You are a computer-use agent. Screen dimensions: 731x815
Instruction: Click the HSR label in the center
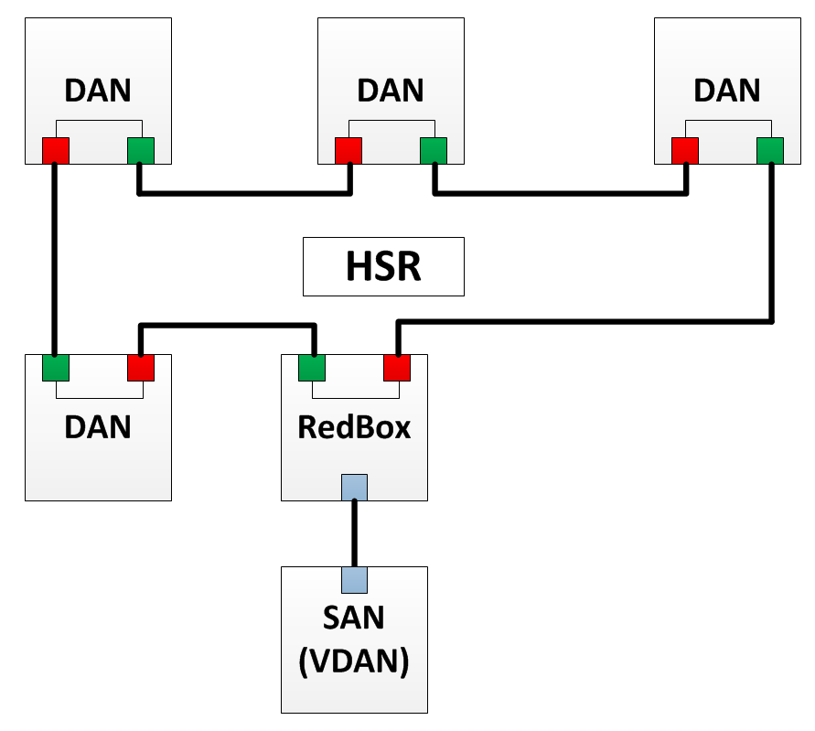(x=383, y=266)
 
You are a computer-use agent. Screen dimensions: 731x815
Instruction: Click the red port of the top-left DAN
(x=56, y=150)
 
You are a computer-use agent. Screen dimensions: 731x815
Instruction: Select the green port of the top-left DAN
(x=141, y=150)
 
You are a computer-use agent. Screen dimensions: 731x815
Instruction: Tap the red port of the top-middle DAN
(x=349, y=150)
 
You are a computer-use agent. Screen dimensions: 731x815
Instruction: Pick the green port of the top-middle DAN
(x=434, y=150)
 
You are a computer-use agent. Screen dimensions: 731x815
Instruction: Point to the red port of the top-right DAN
(x=685, y=150)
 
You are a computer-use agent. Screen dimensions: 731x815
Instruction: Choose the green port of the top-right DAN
(x=770, y=150)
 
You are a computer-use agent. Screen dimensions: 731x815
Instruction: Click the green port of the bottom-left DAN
(x=56, y=368)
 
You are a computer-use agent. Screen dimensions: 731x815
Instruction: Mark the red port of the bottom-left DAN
(x=141, y=368)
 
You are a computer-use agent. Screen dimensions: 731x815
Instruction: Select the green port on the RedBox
(x=312, y=368)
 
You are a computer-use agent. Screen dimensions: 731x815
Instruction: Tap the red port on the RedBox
(x=397, y=368)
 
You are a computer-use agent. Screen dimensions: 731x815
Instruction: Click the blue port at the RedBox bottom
(x=354, y=487)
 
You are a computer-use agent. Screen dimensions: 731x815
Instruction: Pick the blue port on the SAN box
(x=354, y=579)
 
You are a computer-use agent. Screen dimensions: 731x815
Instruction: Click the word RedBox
(x=354, y=427)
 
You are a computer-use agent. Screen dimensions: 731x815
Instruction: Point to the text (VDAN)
(x=354, y=661)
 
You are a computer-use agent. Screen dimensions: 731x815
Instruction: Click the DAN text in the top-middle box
(x=391, y=91)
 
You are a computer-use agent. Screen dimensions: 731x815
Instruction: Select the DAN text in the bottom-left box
(x=98, y=427)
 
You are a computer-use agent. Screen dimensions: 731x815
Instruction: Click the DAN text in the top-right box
(x=727, y=91)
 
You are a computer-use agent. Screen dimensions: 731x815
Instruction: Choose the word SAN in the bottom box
(x=354, y=618)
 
